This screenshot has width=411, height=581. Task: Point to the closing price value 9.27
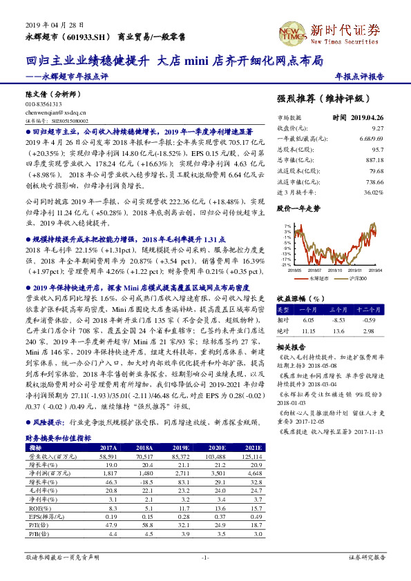[377, 128]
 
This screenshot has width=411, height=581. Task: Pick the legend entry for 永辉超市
[316, 277]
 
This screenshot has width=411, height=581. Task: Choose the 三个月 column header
[338, 310]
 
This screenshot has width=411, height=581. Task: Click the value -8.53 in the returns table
[338, 320]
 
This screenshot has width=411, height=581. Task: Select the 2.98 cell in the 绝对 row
[370, 331]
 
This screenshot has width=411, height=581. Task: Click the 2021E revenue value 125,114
[252, 457]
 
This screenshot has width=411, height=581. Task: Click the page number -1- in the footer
[205, 556]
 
